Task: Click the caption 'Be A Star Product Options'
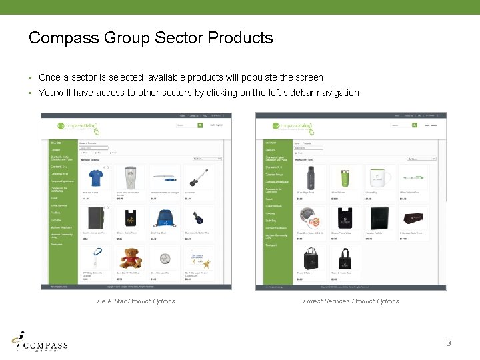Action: coord(136,301)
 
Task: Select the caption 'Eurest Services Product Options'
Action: coord(351,301)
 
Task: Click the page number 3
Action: coord(449,344)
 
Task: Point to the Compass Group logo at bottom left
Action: coord(41,343)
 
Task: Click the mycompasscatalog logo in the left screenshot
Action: coord(77,125)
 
